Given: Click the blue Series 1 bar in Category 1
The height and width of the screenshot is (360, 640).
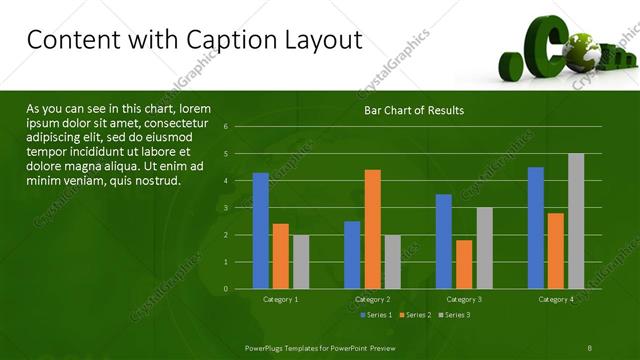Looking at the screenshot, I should point(261,231).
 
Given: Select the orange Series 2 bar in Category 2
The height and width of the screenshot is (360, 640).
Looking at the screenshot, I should point(372,229).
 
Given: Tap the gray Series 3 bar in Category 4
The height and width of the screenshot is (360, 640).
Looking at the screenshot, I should point(576,221).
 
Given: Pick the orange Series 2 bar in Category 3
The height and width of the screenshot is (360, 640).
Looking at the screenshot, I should point(464,264).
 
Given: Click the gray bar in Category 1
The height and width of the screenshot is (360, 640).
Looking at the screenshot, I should point(301,262).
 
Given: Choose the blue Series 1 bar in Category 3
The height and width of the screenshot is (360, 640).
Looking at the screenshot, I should point(444,241).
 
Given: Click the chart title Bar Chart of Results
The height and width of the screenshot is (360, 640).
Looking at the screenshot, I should point(413,110).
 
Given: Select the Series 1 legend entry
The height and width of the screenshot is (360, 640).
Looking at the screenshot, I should point(375,315).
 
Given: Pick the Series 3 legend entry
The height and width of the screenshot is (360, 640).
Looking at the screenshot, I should point(455,315).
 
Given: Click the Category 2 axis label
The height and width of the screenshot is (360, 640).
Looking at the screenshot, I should point(372,299).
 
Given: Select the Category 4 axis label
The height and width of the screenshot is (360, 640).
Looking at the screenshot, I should point(556,299).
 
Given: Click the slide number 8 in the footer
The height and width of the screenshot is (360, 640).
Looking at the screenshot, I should point(590,346).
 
